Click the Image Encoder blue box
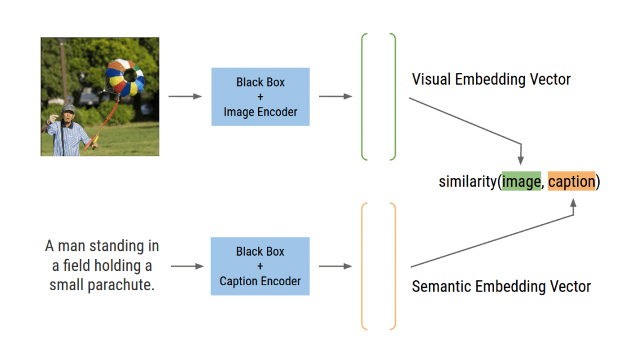tap(260, 97)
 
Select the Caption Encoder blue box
tap(260, 266)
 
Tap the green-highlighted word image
tap(521, 182)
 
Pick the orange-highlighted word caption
tap(571, 182)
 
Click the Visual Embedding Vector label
tap(491, 80)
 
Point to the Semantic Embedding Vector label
tap(501, 286)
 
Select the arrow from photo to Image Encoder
tap(185, 97)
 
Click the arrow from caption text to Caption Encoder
tap(187, 266)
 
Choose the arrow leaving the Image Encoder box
tap(335, 97)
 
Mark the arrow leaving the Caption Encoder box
tap(335, 266)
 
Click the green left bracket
tap(365, 97)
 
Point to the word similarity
tap(468, 182)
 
